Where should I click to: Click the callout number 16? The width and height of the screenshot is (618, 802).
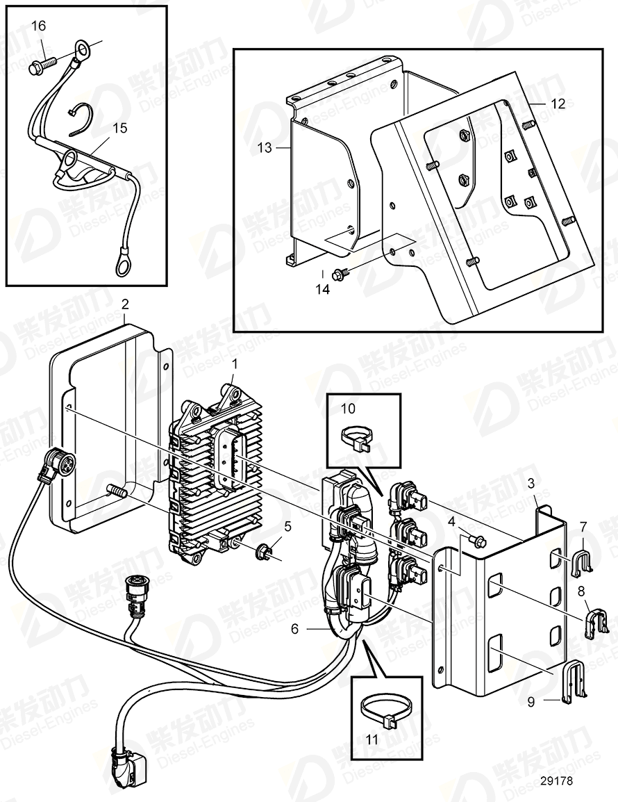click(39, 26)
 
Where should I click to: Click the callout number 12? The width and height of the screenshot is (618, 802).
click(558, 104)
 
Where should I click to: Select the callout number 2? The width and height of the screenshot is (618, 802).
click(125, 304)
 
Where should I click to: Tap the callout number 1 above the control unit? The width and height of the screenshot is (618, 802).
click(234, 363)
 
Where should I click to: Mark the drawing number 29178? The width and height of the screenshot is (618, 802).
click(556, 780)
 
